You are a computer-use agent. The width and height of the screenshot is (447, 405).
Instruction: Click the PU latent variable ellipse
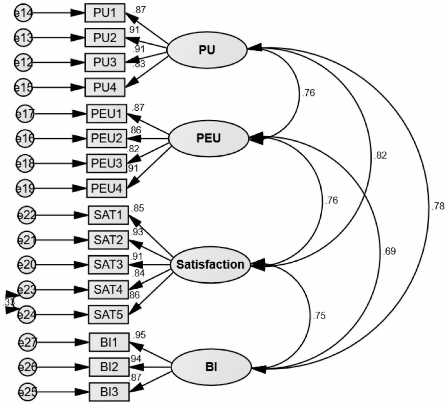[x=207, y=50]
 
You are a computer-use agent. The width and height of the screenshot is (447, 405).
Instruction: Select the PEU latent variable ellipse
[x=209, y=138]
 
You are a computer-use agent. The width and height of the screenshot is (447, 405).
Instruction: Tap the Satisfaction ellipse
[x=210, y=265]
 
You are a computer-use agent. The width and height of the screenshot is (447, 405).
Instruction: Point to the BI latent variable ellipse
[x=212, y=367]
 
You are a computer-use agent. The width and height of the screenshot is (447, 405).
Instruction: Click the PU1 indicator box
[x=105, y=13]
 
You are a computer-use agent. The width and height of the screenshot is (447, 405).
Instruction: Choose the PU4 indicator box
[x=105, y=87]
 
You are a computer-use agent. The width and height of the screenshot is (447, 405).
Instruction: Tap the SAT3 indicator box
[x=108, y=265]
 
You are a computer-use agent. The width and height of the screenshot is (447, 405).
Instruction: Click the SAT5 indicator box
[x=108, y=314]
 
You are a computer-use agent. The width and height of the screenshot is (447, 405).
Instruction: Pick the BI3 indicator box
[x=109, y=392]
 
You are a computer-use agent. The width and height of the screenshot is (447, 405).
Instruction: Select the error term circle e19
[x=25, y=189]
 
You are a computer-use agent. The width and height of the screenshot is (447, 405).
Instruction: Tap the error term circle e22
[x=26, y=215]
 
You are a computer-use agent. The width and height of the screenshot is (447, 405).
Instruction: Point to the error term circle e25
[x=28, y=392]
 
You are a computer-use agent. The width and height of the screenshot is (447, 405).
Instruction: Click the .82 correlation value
[x=380, y=155]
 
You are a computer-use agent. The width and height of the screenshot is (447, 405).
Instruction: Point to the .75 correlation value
[x=319, y=316]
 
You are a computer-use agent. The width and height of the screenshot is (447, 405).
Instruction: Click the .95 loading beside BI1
[x=139, y=335]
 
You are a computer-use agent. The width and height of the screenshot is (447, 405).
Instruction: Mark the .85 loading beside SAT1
[x=138, y=208]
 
